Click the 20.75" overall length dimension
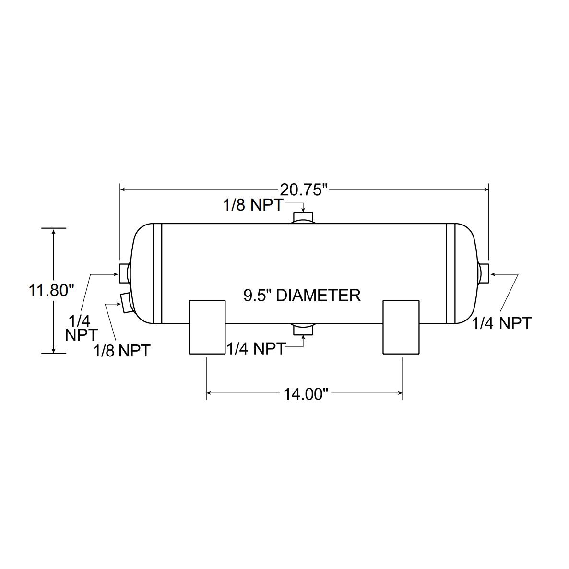pos(304,190)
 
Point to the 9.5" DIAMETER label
pos(302,295)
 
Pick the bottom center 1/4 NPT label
pos(257,348)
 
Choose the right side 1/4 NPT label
pos(501,323)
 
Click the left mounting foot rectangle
pos(207,327)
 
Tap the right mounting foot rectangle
pos(402,327)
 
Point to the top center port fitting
pos(303,217)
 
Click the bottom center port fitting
pos(303,329)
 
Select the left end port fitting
pos(124,273)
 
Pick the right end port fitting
pos(484,273)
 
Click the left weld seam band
pos(158,273)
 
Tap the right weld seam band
pos(450,273)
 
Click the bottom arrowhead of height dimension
pos(53,350)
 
